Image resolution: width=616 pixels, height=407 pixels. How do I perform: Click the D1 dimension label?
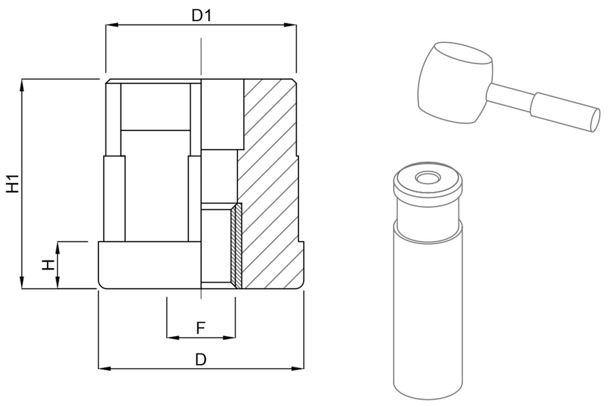click(x=201, y=15)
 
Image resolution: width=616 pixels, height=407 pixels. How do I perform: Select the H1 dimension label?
click(x=13, y=184)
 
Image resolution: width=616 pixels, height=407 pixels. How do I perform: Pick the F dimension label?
click(x=200, y=329)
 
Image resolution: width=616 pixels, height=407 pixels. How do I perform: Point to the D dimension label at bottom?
click(x=201, y=359)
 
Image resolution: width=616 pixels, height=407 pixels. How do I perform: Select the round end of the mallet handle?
click(x=595, y=119)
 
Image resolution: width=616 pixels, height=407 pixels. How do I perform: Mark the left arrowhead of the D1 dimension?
click(x=110, y=24)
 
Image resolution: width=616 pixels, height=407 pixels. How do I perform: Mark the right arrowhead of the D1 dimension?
click(x=292, y=24)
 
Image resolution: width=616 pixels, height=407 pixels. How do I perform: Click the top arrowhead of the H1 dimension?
click(x=22, y=83)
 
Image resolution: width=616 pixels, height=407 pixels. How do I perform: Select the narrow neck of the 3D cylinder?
click(x=428, y=213)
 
